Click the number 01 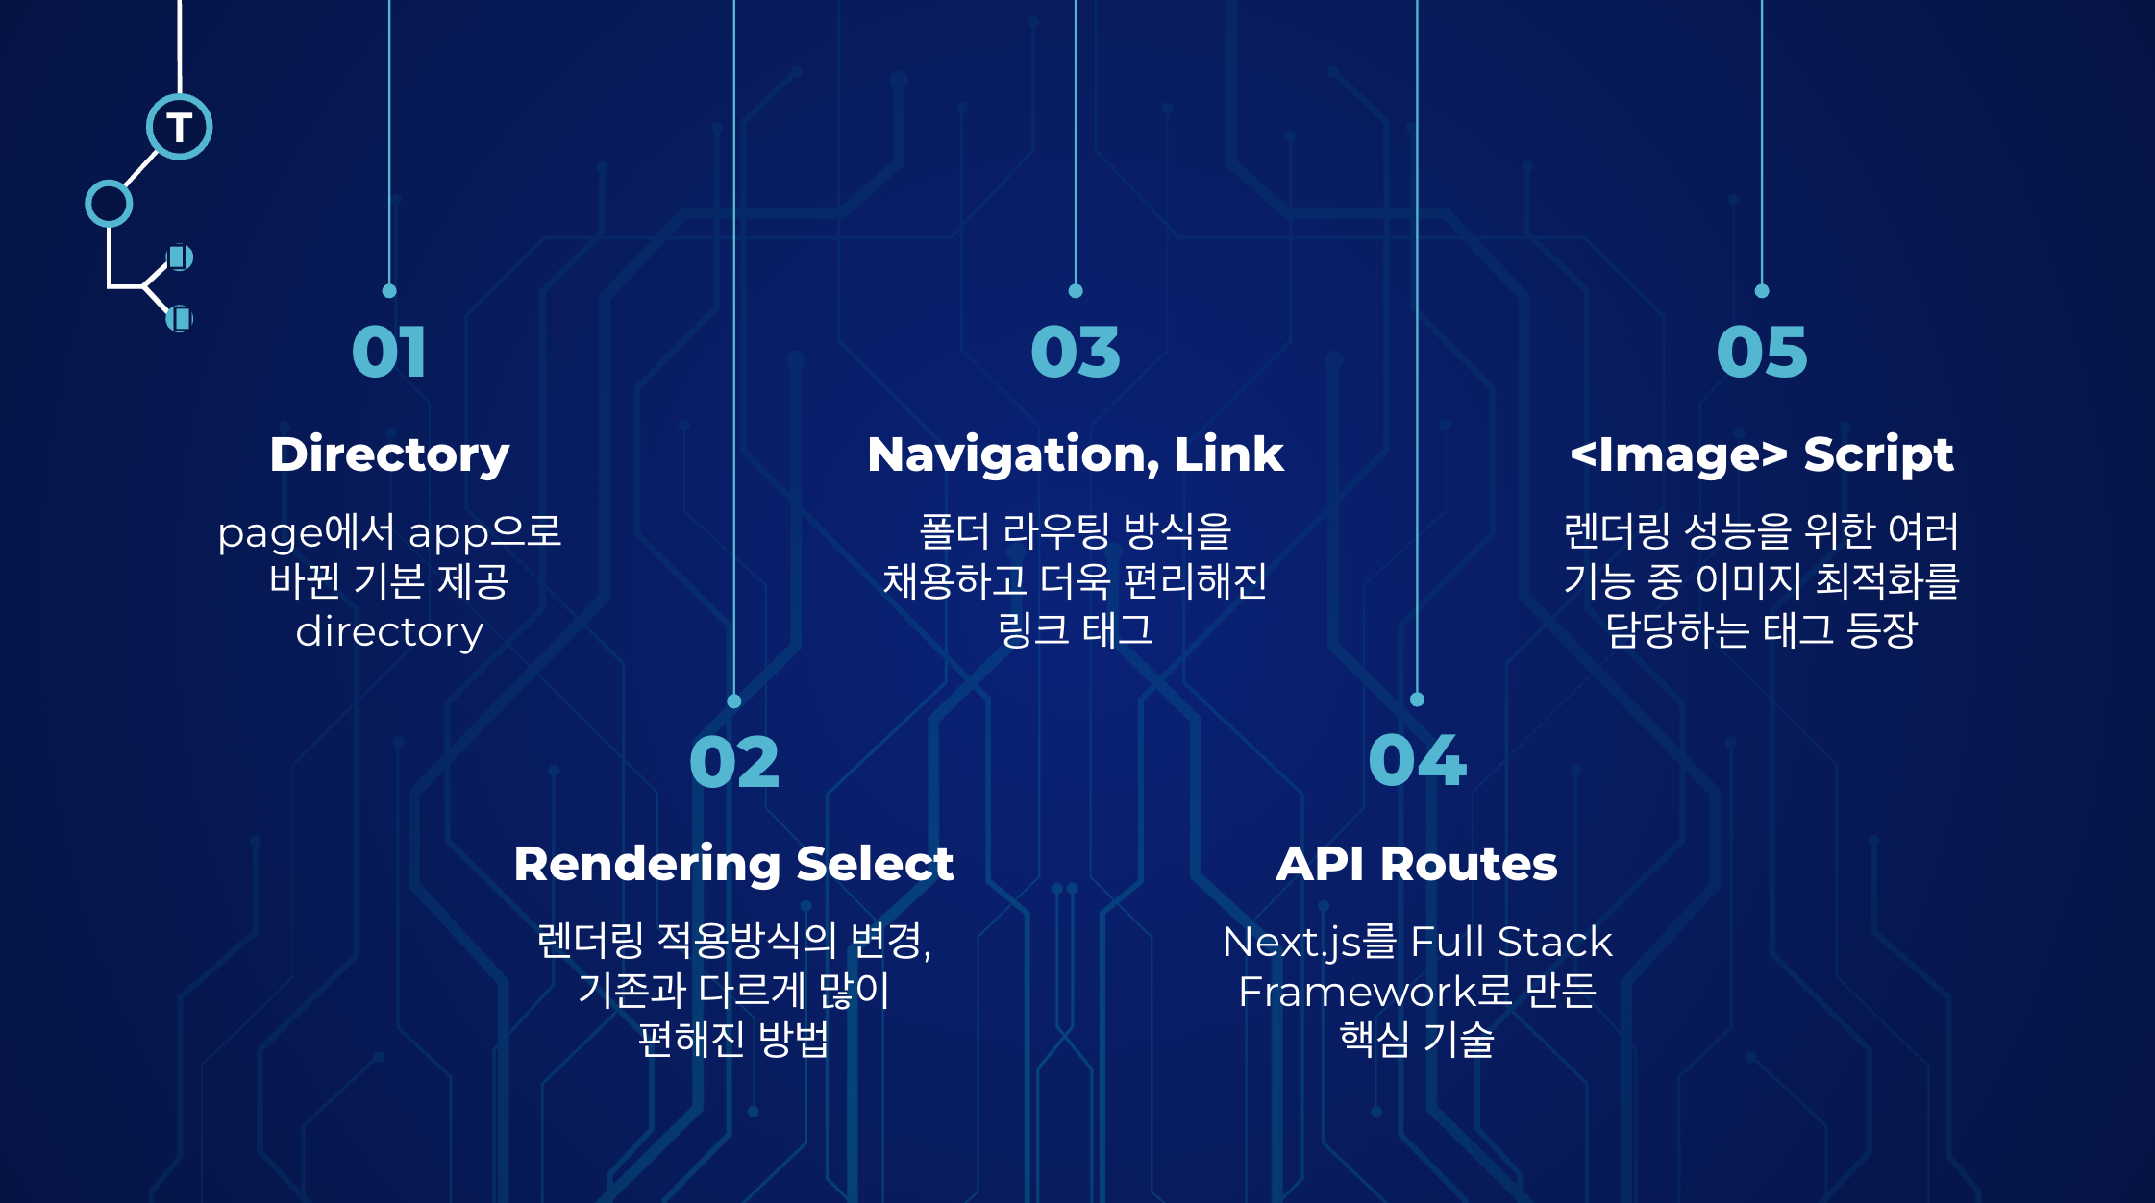(x=389, y=352)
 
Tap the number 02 (x=734, y=763)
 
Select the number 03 (x=1076, y=352)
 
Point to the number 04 (x=1417, y=761)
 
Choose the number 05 (x=1762, y=352)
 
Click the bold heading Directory (x=389, y=454)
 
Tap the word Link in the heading (x=1228, y=454)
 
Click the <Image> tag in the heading (x=1678, y=454)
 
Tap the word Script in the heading (x=1878, y=454)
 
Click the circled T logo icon (x=180, y=127)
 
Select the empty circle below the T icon (x=109, y=204)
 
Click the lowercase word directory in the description (x=389, y=632)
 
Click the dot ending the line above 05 (x=1762, y=291)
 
